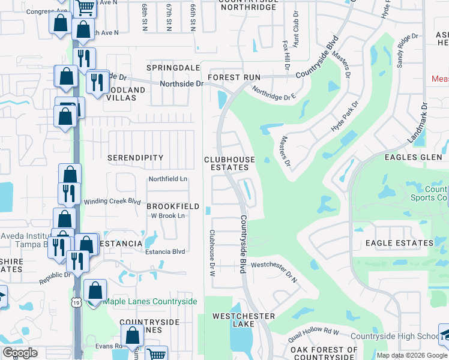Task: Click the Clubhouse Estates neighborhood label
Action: coord(229,164)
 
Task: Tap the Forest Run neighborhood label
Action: coord(234,78)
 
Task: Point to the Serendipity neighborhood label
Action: coord(135,158)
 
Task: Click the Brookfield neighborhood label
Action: coord(173,206)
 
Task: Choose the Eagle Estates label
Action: coord(400,243)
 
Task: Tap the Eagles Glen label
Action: coord(414,157)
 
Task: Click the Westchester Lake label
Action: coord(244,321)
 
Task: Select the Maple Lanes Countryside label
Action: coord(150,301)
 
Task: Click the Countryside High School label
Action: coord(395,337)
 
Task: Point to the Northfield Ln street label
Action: coord(168,179)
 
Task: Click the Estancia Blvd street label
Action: coord(165,252)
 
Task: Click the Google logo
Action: coord(20,353)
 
